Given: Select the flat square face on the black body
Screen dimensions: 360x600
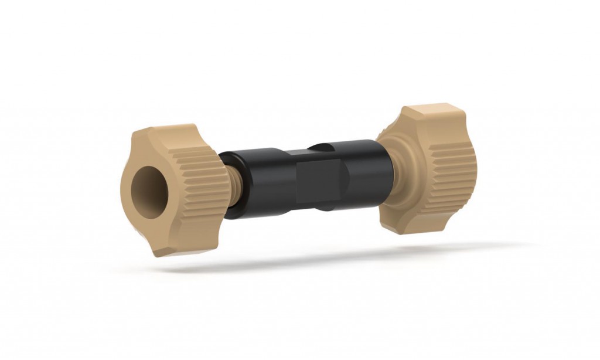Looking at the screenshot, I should point(320,179).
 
